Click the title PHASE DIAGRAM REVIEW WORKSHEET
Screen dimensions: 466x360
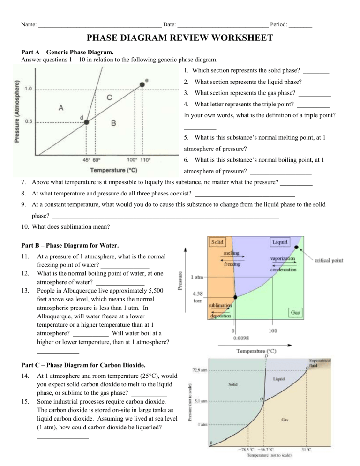pos(180,38)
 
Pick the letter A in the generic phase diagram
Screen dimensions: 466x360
pos(61,107)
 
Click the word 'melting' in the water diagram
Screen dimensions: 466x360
pos(231,253)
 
